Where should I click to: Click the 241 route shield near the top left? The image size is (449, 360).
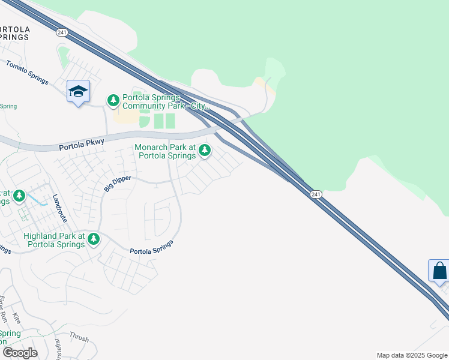[62, 32]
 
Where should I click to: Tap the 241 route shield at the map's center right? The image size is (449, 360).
[316, 194]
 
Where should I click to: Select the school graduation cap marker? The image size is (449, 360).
[78, 91]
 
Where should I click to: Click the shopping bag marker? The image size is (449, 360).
[439, 271]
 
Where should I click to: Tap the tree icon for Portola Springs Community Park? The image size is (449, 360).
[113, 100]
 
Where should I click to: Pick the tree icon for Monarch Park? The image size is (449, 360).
[205, 150]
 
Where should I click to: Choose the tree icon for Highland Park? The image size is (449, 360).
[93, 239]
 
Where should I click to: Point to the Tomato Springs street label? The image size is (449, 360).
[27, 71]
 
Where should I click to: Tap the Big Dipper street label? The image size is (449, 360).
[118, 182]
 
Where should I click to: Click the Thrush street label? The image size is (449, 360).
[79, 338]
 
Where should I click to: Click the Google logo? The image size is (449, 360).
[20, 353]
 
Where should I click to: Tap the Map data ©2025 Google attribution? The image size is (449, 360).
[412, 355]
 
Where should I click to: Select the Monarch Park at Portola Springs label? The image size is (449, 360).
[166, 151]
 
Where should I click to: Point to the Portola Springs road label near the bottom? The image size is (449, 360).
[151, 247]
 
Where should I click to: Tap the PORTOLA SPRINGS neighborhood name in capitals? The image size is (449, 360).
[13, 33]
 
